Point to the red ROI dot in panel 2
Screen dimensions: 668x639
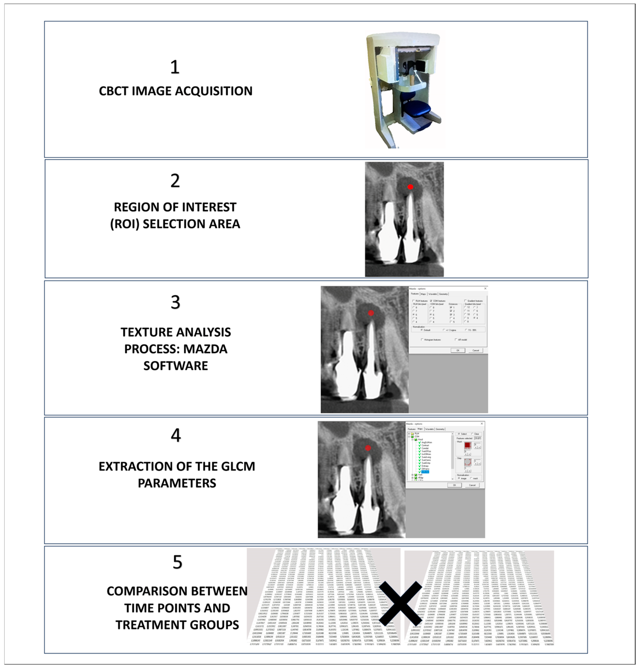411,187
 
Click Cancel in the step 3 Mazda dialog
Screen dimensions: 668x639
476,350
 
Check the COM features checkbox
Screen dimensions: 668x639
431,301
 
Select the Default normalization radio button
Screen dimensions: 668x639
422,330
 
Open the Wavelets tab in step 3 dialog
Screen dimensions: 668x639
433,294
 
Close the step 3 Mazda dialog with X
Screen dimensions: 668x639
485,288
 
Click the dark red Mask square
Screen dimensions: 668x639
467,445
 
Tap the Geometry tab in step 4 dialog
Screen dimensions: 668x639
440,429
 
